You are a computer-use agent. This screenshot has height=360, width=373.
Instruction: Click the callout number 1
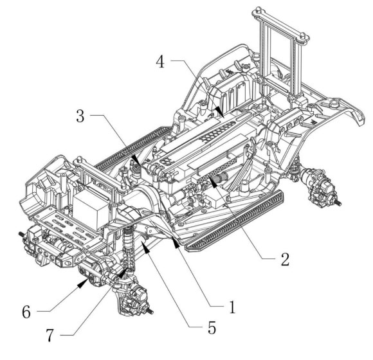tap(232, 307)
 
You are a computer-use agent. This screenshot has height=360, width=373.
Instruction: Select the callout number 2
tap(285, 259)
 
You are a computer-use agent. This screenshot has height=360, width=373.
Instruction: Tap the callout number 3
tap(80, 116)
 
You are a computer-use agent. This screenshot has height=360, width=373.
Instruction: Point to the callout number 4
tap(160, 61)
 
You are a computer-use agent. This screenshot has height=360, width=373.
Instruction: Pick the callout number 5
tap(212, 327)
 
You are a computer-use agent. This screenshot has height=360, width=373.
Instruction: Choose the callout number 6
tap(26, 312)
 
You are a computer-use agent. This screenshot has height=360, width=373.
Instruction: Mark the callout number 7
tap(50, 336)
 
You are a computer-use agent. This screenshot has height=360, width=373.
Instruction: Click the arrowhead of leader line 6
tap(83, 283)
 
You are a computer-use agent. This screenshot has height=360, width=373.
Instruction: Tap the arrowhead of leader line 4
tap(219, 112)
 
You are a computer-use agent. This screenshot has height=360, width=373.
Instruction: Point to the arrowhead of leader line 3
tap(136, 160)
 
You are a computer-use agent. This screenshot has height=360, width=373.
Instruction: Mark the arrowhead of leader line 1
tap(176, 244)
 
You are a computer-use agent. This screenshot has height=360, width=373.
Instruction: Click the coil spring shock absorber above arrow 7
tap(129, 248)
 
